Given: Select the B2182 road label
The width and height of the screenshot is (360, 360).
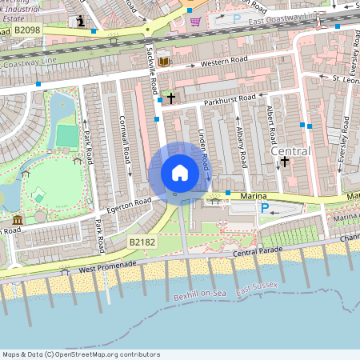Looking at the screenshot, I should pos(142,240).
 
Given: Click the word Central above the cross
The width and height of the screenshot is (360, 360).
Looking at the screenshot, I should pos(290,150).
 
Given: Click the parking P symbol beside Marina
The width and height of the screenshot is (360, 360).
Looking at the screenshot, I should pos(265,208).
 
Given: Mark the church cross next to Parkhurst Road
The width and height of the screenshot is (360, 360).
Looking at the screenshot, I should pos(170,97).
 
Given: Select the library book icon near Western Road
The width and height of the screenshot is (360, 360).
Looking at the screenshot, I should pos(164,62).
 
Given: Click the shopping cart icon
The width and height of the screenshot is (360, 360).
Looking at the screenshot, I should pos(195,22).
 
